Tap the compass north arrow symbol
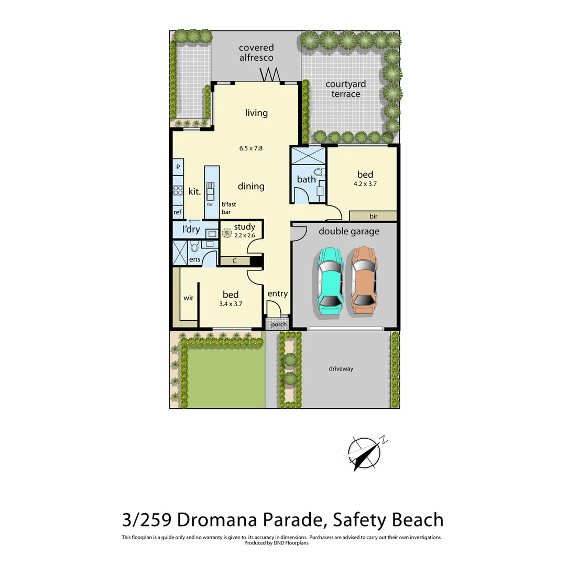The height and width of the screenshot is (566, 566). tap(365, 452)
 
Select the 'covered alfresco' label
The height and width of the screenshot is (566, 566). tap(256, 53)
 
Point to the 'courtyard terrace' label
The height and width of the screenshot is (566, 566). tap(346, 89)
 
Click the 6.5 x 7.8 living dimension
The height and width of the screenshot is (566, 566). tap(251, 148)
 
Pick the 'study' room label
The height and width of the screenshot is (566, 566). tap(245, 227)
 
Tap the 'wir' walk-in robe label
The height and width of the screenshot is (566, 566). tap(189, 298)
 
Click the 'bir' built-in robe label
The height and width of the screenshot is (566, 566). tap(373, 216)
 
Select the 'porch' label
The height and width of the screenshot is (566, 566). tap(279, 324)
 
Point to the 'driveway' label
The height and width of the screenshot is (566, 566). tap(341, 369)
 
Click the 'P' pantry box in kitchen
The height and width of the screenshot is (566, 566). tap(178, 167)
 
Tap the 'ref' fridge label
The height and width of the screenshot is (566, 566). tap(178, 212)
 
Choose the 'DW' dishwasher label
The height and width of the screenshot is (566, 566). tap(210, 204)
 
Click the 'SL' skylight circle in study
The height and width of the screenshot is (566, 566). tap(227, 233)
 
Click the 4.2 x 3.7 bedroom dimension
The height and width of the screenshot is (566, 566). tap(365, 184)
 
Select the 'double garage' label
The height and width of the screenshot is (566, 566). tap(349, 231)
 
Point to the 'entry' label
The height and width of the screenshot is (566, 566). tap(277, 293)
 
